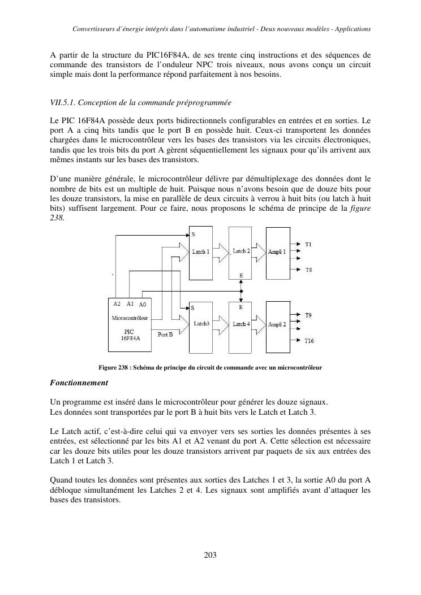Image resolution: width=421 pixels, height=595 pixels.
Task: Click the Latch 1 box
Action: pyautogui.click(x=200, y=252)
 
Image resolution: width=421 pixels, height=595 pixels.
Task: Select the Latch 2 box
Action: pyautogui.click(x=241, y=252)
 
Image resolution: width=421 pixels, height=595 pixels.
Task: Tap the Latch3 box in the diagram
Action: pyautogui.click(x=200, y=324)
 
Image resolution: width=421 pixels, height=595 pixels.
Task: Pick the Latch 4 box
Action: pyautogui.click(x=241, y=324)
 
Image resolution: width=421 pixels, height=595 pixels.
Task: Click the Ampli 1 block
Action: pyautogui.click(x=277, y=252)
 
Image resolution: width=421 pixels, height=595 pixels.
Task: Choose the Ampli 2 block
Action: pyautogui.click(x=277, y=324)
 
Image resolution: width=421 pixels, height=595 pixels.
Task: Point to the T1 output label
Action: pyautogui.click(x=308, y=244)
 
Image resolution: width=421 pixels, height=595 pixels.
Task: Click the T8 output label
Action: pyautogui.click(x=308, y=270)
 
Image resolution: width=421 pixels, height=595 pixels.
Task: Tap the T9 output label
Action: pyautogui.click(x=308, y=315)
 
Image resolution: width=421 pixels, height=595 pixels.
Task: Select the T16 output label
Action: pyautogui.click(x=310, y=341)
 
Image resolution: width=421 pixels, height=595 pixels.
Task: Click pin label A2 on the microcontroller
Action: pyautogui.click(x=117, y=303)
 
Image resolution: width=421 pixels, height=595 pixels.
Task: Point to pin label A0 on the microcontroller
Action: pyautogui.click(x=143, y=304)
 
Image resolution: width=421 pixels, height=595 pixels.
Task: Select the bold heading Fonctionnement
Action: pyautogui.click(x=79, y=383)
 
